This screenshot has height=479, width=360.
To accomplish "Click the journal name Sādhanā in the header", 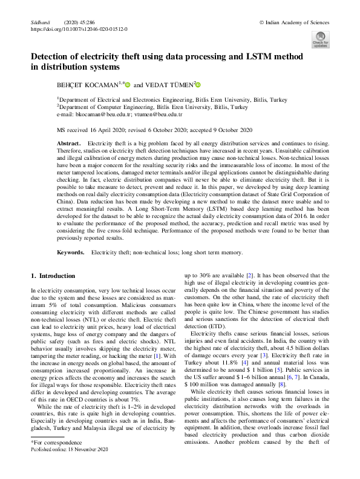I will [x=38, y=22].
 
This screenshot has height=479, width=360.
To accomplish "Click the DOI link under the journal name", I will [x=79, y=28].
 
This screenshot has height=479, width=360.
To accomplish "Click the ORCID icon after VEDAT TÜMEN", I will [x=197, y=84].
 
